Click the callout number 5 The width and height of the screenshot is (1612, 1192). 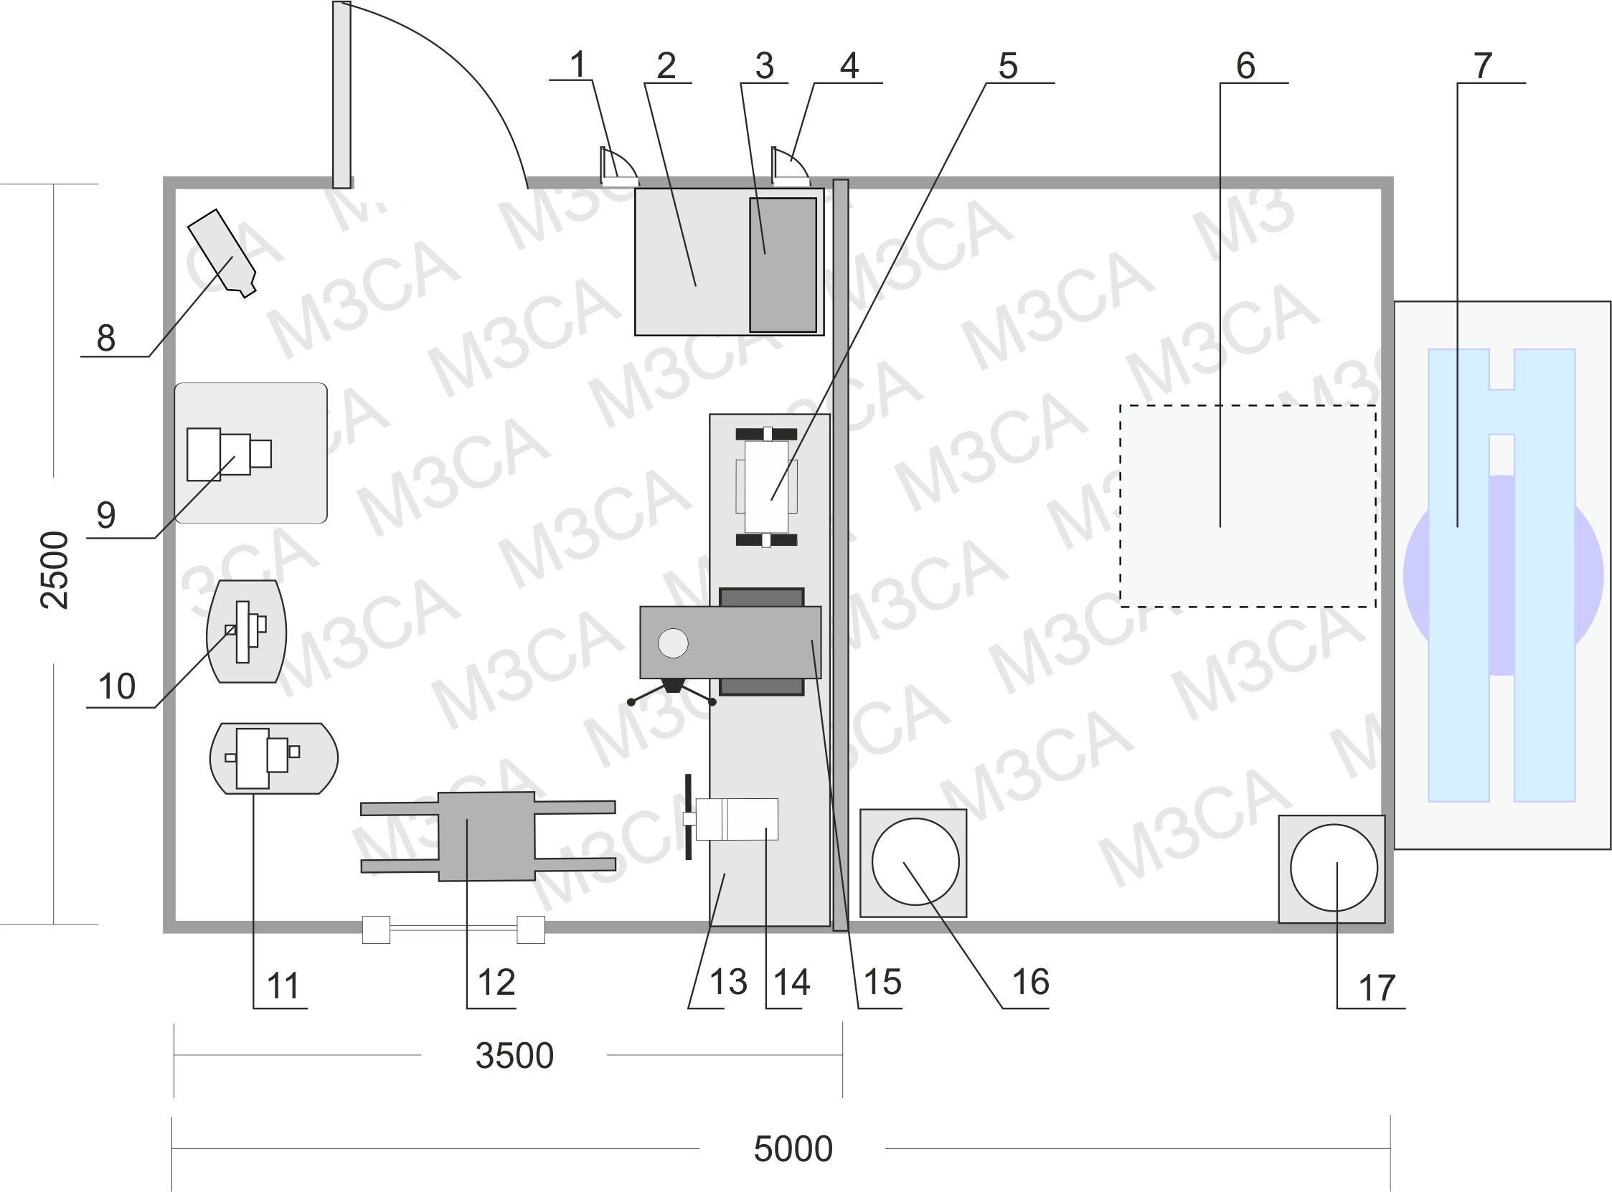pos(1008,67)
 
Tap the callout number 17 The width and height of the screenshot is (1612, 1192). pos(1377,988)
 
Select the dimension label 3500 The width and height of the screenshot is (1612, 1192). pos(514,1056)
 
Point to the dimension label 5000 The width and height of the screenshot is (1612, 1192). pos(793,1149)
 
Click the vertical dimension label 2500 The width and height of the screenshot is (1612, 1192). pos(55,570)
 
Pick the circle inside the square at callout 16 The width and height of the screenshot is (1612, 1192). pos(915,861)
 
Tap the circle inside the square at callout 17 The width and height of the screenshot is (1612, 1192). pos(1334,868)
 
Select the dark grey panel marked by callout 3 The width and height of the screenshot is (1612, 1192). pos(783,265)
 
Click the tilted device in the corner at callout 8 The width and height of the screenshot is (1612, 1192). pos(222,252)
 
